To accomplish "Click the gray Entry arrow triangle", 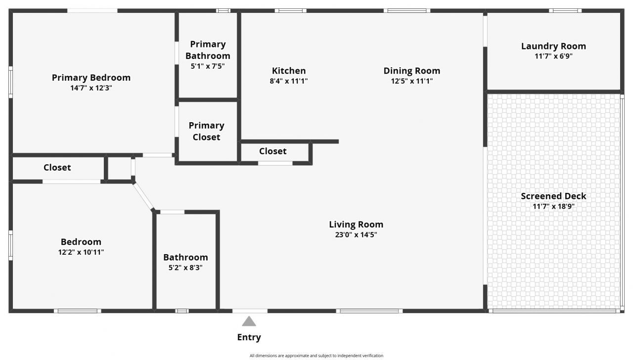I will pyautogui.click(x=249, y=322).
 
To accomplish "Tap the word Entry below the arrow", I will pyautogui.click(x=249, y=338).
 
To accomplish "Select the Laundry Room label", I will pyautogui.click(x=553, y=46).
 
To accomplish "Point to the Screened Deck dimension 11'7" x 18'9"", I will pyautogui.click(x=553, y=207).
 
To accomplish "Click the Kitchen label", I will pyautogui.click(x=289, y=71).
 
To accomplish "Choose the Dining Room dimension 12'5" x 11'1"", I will pyautogui.click(x=412, y=81).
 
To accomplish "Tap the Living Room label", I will pyautogui.click(x=356, y=225).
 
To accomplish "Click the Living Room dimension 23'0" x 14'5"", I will pyautogui.click(x=356, y=235).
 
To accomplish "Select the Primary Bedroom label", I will pyautogui.click(x=91, y=78).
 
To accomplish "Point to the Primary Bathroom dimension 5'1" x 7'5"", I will pyautogui.click(x=208, y=66).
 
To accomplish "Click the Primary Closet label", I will pyautogui.click(x=206, y=131).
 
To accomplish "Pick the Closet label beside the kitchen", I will pyautogui.click(x=272, y=151).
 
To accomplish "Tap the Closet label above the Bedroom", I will pyautogui.click(x=57, y=168).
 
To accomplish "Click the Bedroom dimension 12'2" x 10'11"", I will pyautogui.click(x=81, y=252).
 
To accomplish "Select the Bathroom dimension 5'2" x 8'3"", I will pyautogui.click(x=185, y=268).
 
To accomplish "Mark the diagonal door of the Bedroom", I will pyautogui.click(x=143, y=197).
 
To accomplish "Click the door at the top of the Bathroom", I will pyautogui.click(x=172, y=212).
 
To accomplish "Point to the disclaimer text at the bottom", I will pyautogui.click(x=316, y=356).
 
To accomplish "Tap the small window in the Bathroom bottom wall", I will pyautogui.click(x=182, y=311).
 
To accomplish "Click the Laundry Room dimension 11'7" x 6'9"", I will pyautogui.click(x=553, y=56).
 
